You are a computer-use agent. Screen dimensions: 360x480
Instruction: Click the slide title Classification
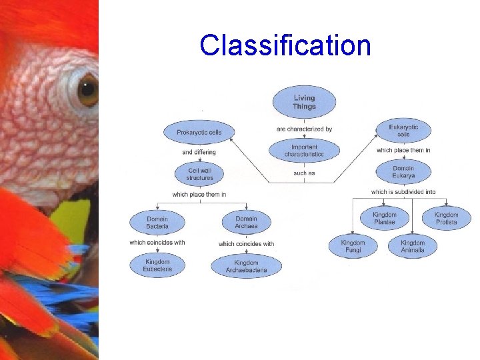pos(285,45)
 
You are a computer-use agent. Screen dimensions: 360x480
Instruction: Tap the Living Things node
pos(304,103)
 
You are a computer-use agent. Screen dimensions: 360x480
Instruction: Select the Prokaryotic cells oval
pos(199,132)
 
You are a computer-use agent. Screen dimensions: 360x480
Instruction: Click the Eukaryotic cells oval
pos(403,131)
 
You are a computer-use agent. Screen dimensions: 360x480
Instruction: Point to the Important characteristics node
pos(304,151)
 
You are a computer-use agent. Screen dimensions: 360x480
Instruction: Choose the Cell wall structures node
pos(199,174)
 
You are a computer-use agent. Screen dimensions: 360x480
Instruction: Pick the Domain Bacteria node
pos(157,223)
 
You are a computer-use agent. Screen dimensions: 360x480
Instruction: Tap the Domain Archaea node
pos(246,223)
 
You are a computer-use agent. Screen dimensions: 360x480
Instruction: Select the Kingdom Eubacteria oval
pos(157,265)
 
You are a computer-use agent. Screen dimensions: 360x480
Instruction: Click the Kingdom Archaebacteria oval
pos(246,266)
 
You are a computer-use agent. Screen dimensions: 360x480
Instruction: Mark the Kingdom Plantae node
pos(385,219)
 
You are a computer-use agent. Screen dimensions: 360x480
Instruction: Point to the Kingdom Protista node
pos(446,219)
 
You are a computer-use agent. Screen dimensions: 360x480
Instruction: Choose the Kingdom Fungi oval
pos(353,247)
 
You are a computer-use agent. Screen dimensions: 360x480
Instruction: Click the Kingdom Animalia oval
pos(413,247)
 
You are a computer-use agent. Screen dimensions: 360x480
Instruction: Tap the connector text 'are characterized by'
pos(304,129)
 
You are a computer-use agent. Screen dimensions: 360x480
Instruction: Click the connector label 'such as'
pos(304,173)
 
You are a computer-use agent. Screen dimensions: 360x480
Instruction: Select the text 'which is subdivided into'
pos(403,192)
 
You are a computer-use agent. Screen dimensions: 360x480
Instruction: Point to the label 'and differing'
pos(199,152)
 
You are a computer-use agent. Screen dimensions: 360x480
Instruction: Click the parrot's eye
pos(87,90)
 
